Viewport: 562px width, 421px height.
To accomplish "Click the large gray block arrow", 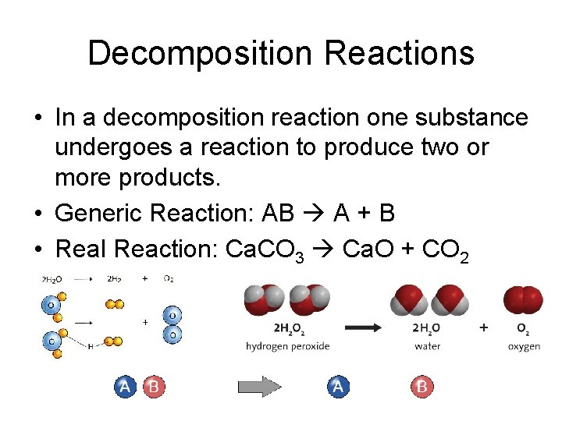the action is point(260,387).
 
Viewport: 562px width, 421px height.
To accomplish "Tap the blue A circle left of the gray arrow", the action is point(126,387).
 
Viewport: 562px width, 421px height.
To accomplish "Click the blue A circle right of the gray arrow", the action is point(338,387).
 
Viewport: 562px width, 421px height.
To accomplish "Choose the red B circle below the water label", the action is point(422,387).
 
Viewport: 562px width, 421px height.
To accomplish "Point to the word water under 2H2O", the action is point(427,345).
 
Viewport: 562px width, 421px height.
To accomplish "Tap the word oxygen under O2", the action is point(523,345).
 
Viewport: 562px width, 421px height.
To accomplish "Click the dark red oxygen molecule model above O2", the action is point(523,300).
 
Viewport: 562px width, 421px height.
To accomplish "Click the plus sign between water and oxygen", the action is point(484,328).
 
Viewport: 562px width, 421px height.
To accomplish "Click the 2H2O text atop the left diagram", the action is point(53,279).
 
